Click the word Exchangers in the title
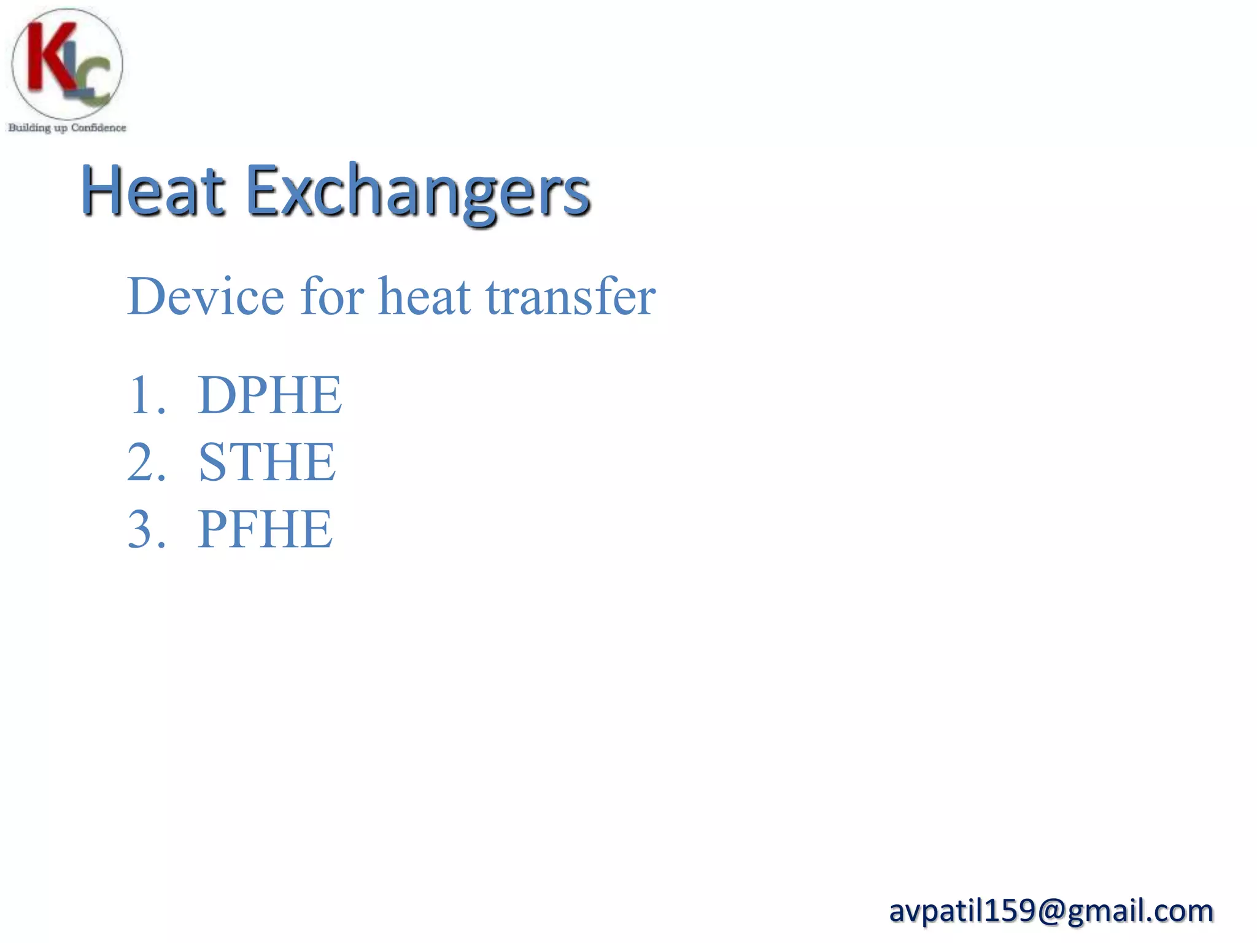pyautogui.click(x=418, y=192)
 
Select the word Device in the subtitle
pyautogui.click(x=206, y=297)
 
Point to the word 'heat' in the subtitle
pyautogui.click(x=425, y=297)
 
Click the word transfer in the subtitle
pyautogui.click(x=571, y=297)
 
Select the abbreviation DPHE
pyautogui.click(x=269, y=395)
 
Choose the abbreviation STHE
pyautogui.click(x=267, y=462)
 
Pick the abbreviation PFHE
pyautogui.click(x=265, y=529)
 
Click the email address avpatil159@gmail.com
pyautogui.click(x=1051, y=910)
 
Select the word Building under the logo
pyautogui.click(x=29, y=128)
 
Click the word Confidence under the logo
pyautogui.click(x=98, y=128)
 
